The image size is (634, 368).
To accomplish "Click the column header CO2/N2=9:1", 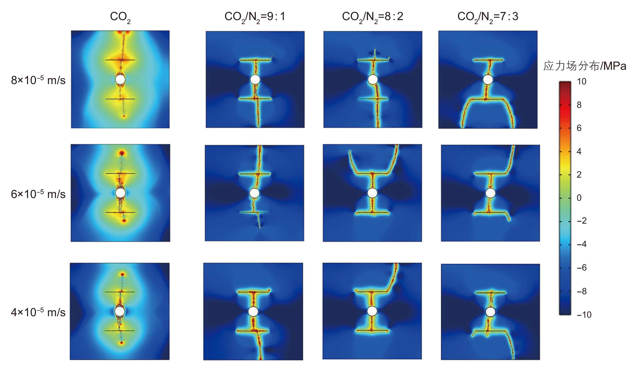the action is coord(255,17).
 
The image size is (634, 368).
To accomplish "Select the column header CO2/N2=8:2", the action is coord(372,17).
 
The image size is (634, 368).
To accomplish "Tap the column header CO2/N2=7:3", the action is coord(488,17).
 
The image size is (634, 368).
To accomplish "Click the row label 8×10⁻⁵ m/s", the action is coord(38,80).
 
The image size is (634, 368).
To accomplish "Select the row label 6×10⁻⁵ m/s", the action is coord(38,194).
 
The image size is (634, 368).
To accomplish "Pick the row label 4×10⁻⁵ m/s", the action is coord(38,312).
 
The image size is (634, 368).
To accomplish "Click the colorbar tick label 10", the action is coord(581,81).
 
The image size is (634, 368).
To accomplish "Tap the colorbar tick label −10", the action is coord(584,314).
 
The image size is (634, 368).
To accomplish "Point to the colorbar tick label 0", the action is coord(579,198).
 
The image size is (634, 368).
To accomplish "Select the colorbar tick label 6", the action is coord(579,128).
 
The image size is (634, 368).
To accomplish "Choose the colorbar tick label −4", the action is coord(582,244).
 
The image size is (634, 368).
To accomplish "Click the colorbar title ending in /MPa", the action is coord(585,66).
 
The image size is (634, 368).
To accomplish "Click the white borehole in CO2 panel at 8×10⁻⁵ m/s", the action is coord(120,80).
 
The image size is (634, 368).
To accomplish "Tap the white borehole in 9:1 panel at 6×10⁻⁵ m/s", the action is coord(254,193).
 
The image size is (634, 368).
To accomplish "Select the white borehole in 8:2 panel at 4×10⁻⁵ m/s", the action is coord(372,311).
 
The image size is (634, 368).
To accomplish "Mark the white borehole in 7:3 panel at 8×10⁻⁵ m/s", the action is coord(488,80).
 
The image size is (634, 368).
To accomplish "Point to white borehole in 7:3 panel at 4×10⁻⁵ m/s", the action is coord(490,312).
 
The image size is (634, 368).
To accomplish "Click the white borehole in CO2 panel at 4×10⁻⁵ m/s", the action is coord(120,311).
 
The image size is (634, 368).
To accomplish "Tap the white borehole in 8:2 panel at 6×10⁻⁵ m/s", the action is coord(372,193).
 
